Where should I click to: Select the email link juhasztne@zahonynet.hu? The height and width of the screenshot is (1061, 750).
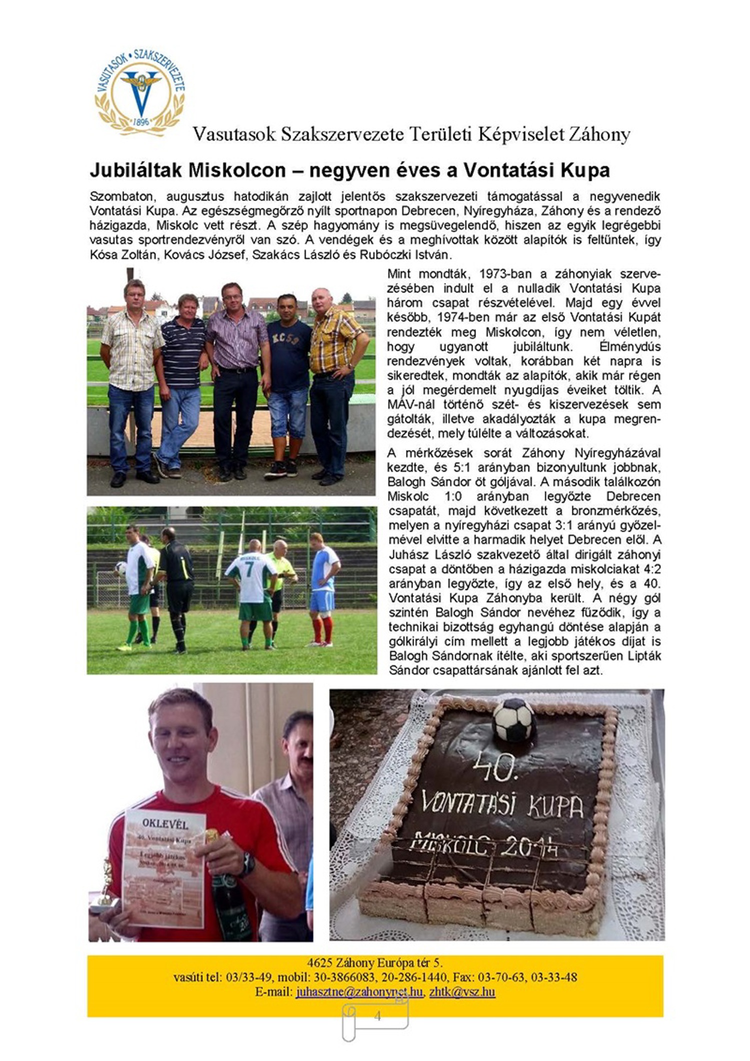tap(359, 991)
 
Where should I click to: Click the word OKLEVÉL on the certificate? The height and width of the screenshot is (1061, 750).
tap(164, 823)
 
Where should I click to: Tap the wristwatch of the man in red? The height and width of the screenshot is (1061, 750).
tap(246, 865)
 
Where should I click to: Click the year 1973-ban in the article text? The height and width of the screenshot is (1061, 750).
tap(500, 275)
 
